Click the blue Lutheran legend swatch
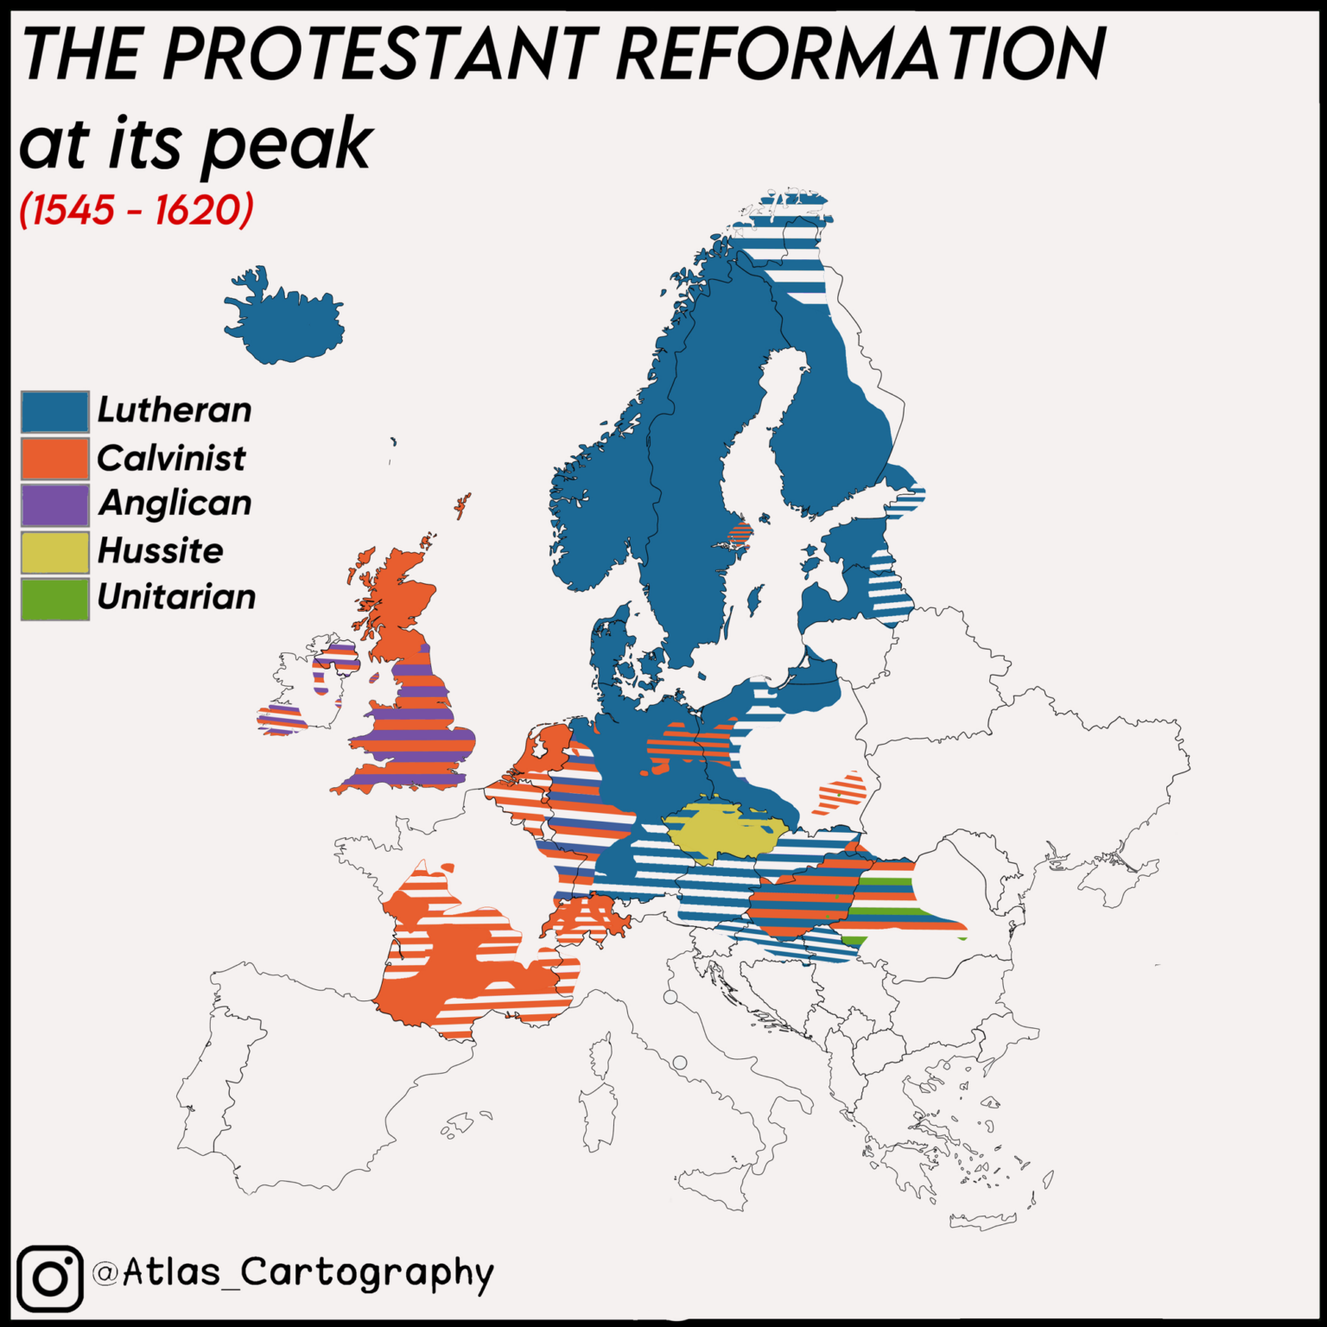(54, 411)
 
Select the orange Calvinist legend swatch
(54, 459)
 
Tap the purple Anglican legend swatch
(54, 505)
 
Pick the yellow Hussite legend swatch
(54, 552)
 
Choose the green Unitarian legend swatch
(54, 599)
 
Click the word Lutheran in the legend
(175, 410)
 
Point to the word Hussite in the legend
(161, 550)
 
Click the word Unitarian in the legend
(176, 597)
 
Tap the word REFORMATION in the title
(860, 54)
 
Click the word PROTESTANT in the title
(380, 54)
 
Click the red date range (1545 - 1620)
(137, 210)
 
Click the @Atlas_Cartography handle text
(294, 1273)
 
